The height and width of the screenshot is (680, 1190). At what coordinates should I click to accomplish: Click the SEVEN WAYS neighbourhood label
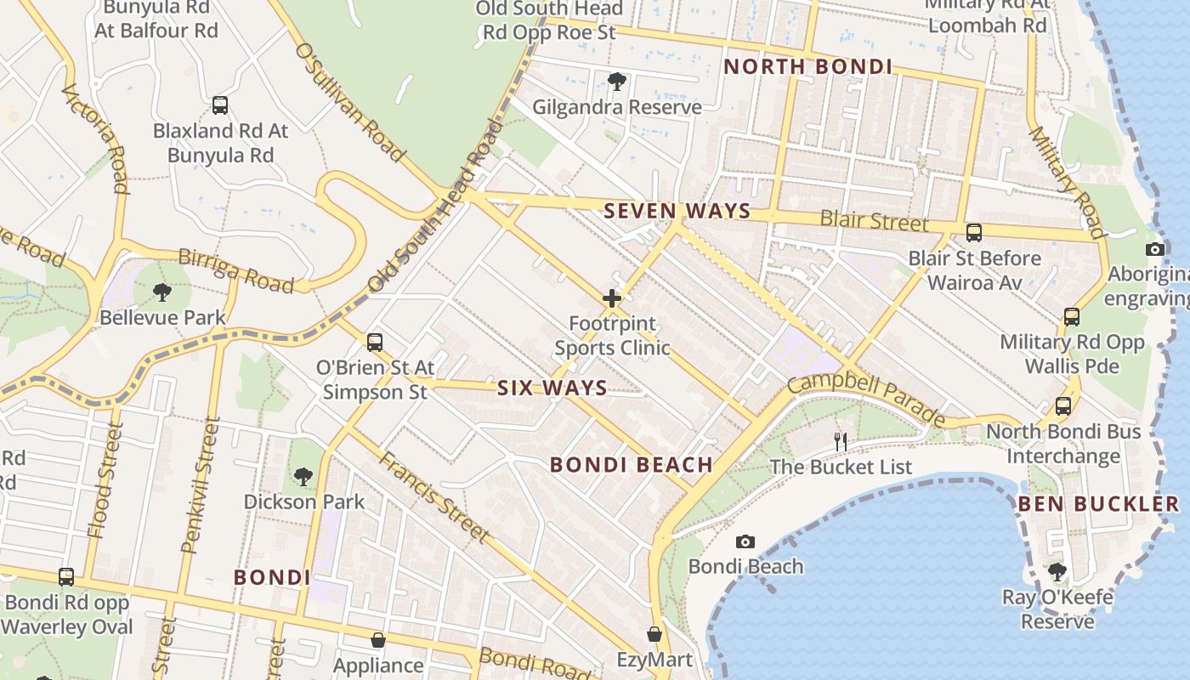[677, 211]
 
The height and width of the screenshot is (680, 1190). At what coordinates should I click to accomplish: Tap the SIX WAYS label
[552, 388]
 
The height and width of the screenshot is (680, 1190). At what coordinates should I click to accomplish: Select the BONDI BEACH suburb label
[631, 464]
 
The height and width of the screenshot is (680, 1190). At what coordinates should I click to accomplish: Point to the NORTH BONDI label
[807, 66]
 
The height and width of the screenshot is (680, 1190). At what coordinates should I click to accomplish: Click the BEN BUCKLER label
[1098, 503]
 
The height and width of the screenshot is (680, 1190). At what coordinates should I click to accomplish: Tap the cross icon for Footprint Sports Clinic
[612, 298]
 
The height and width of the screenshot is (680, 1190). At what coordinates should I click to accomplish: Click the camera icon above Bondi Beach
[745, 541]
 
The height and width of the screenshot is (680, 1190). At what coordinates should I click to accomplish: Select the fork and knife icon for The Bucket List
[841, 441]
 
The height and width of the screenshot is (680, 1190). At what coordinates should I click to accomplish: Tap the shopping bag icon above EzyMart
[654, 634]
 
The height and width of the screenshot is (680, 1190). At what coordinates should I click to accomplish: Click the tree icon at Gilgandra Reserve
[617, 82]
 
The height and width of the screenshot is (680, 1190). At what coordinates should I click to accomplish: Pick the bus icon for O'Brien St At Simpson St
[375, 343]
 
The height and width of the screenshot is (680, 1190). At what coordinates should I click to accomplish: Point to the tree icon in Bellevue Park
[161, 292]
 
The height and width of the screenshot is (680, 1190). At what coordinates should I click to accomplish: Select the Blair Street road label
[873, 221]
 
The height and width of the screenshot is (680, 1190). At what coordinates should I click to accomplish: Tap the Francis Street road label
[433, 496]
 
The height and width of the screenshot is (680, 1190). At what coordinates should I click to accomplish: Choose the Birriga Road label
[235, 271]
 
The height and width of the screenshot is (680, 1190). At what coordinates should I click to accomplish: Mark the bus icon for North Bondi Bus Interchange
[1063, 405]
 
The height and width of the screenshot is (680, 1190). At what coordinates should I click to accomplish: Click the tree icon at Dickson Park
[303, 476]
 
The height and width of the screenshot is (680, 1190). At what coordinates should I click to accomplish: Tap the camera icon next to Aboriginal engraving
[1154, 249]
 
